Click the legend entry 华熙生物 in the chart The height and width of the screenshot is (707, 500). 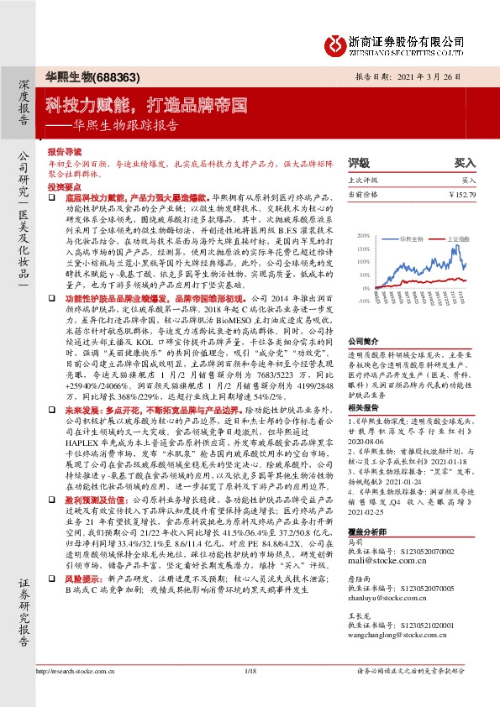click(x=411, y=238)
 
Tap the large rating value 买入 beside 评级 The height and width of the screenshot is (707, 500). click(x=465, y=161)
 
